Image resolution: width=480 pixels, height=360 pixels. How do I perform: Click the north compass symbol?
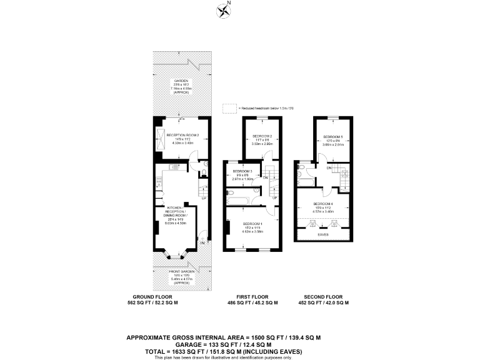[223, 10]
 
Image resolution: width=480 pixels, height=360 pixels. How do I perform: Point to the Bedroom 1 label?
[253, 225]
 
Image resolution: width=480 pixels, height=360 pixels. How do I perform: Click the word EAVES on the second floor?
[323, 234]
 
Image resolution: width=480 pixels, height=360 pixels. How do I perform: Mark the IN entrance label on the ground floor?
[202, 242]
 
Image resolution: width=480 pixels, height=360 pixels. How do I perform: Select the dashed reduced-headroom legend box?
[227, 107]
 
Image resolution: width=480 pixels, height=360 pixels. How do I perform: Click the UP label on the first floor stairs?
[274, 198]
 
